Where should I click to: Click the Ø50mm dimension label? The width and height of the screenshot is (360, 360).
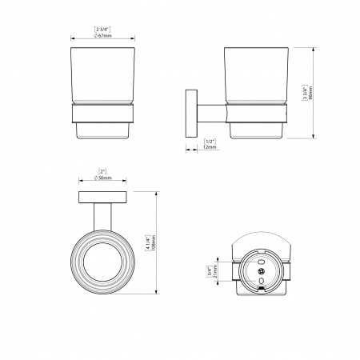click(102, 178)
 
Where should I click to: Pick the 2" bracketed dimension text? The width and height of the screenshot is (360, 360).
click(102, 170)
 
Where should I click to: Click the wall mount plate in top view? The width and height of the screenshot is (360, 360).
click(102, 198)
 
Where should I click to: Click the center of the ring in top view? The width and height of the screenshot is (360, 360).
click(102, 261)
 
